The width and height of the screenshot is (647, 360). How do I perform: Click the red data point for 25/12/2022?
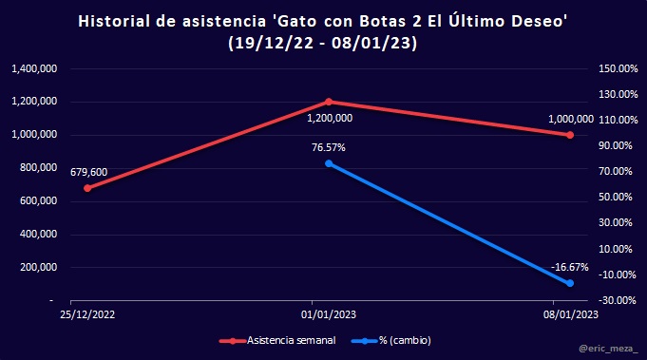(x=87, y=188)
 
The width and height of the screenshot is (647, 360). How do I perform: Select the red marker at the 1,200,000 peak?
(x=329, y=102)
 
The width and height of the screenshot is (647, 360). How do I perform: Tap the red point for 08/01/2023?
(x=570, y=135)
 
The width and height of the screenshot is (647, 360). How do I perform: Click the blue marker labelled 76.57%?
(x=329, y=163)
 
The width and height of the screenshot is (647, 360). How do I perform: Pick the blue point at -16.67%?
(x=570, y=283)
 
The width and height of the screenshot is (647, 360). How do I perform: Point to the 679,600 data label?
(x=88, y=172)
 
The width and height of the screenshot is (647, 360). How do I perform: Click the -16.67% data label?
(x=569, y=267)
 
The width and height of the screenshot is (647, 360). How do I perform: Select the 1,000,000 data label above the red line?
(x=571, y=119)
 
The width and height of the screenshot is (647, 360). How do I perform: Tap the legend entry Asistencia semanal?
(x=277, y=341)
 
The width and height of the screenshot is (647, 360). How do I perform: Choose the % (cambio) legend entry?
(x=391, y=341)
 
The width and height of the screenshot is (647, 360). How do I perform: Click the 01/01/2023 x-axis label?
(x=329, y=314)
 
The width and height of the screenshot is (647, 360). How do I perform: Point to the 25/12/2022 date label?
(x=87, y=314)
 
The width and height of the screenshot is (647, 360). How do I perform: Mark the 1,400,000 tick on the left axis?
(x=34, y=68)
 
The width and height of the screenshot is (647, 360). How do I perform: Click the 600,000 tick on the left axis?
(x=38, y=200)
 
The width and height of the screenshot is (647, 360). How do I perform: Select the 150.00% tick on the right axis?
(x=618, y=68)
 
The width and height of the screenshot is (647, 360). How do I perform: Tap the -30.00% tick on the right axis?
(x=618, y=300)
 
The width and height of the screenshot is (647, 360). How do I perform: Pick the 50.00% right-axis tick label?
(x=616, y=198)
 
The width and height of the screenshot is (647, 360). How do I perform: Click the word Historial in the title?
(x=114, y=22)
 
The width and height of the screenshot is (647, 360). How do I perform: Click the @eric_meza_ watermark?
(x=608, y=349)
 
